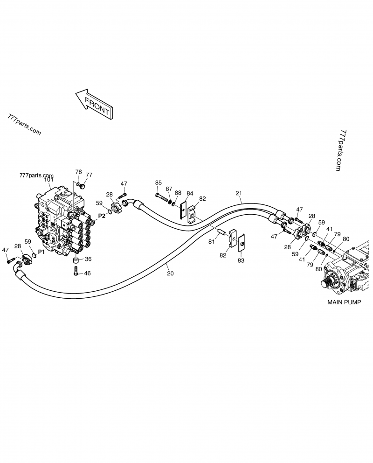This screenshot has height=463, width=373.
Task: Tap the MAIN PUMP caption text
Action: point(344,302)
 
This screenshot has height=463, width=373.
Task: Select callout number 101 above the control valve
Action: point(48,180)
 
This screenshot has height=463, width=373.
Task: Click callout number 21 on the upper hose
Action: point(239,193)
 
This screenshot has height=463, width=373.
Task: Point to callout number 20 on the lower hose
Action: point(170,274)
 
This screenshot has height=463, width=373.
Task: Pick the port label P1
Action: point(41,252)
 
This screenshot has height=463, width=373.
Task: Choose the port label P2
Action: point(102,216)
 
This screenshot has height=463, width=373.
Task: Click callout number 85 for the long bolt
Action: point(159,182)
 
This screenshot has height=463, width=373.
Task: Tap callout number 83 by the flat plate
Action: point(241,260)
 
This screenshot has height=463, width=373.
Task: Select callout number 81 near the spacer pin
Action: point(211,241)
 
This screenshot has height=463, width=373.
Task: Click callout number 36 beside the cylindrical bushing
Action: point(88,260)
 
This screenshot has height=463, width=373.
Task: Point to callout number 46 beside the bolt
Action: point(87,273)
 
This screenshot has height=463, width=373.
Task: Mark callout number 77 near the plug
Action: point(89,175)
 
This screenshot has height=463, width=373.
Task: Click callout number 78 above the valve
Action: point(78,172)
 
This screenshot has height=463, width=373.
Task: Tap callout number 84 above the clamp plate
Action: point(190,193)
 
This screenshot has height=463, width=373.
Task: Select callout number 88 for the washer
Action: point(178,192)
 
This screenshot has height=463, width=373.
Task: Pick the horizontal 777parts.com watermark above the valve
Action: point(37,175)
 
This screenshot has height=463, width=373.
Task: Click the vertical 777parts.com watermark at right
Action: point(341,150)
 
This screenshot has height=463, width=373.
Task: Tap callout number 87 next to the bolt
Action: point(169,189)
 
